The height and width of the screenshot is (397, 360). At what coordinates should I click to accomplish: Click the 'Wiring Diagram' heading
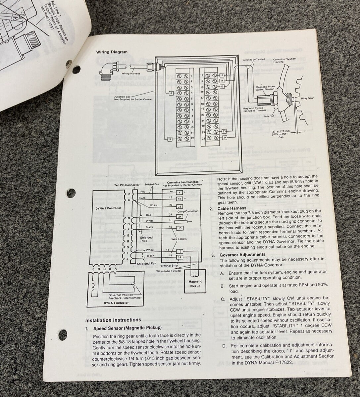(112, 52)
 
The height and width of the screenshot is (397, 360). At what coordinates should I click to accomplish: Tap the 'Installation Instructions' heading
(113, 320)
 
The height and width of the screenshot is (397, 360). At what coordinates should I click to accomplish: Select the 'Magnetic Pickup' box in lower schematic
(195, 284)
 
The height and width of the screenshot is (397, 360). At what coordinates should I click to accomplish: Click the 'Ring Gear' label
(307, 98)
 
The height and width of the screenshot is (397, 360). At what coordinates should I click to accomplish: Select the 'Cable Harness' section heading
(232, 208)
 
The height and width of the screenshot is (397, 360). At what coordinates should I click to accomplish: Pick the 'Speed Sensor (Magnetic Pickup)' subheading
(127, 328)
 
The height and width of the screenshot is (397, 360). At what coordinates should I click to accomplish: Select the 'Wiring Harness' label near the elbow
(131, 73)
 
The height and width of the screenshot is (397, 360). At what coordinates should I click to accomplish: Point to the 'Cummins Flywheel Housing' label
(285, 60)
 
